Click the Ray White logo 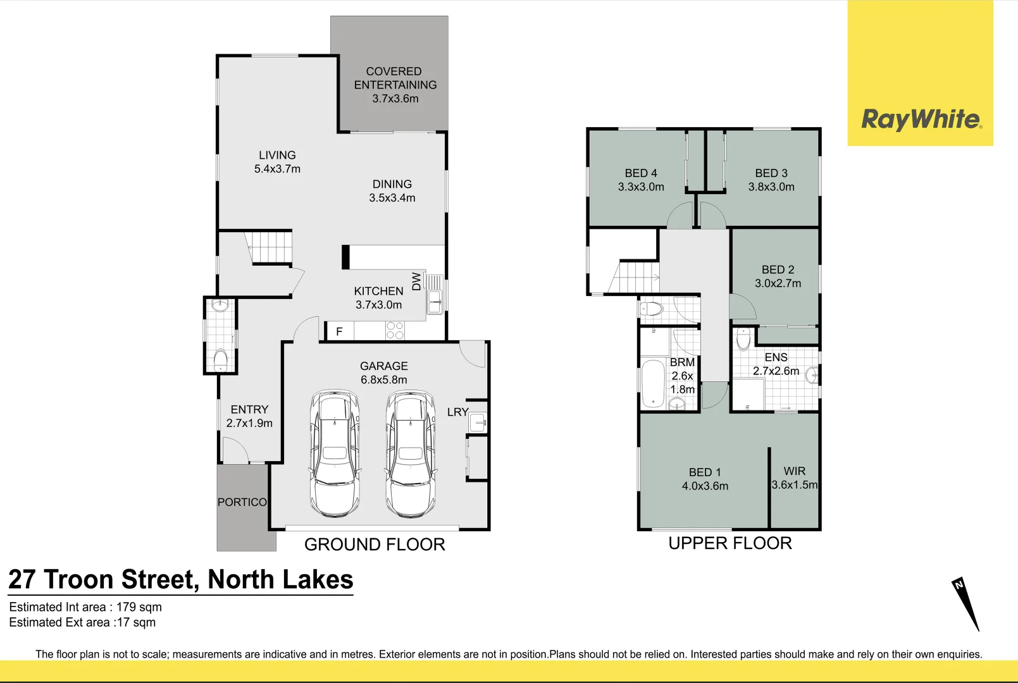pos(921,119)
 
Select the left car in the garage pos(334,453)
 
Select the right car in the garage pos(411,453)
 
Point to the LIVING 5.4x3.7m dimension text pos(277,169)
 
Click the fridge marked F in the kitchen pos(339,331)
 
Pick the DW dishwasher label pos(416,281)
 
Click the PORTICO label pos(242,502)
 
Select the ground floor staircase pos(271,247)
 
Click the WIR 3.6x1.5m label pos(795,478)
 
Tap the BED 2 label pos(778,269)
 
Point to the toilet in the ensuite pos(744,339)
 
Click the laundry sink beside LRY pos(478,422)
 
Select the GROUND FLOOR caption pos(375,545)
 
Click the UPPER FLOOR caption pos(730,543)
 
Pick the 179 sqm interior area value pos(139,607)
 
